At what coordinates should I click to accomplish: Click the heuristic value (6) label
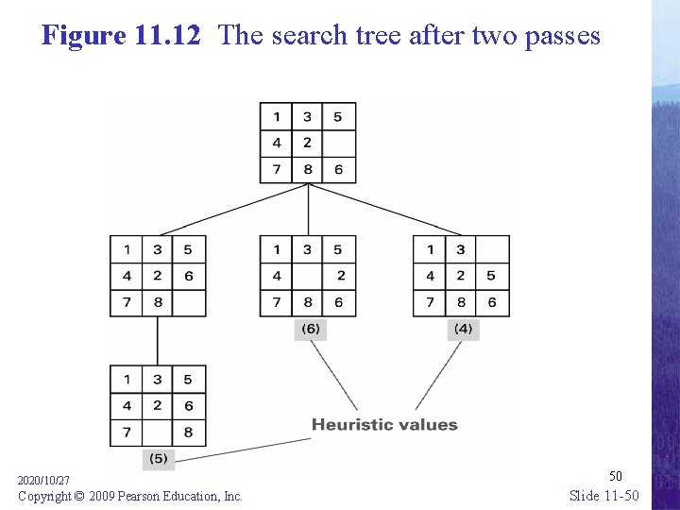point(310,329)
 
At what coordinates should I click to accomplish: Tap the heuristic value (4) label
point(463,329)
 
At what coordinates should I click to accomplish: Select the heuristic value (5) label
point(158,459)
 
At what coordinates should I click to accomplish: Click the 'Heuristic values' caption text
point(384,425)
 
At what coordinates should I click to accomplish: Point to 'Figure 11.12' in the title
point(121,36)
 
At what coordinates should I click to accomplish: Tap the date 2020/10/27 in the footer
point(43,481)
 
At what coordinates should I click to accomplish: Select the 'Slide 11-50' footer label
point(604,496)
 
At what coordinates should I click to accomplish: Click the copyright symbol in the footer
point(81,496)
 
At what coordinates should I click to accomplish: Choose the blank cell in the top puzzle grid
point(338,144)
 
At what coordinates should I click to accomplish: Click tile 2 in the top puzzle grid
point(307,144)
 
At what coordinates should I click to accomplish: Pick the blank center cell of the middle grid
point(308,276)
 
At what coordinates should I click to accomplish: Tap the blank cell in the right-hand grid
point(492,250)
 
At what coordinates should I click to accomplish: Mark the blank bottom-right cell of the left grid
point(189,302)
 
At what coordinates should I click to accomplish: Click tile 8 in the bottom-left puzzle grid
point(189,433)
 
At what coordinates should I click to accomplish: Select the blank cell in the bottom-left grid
point(158,433)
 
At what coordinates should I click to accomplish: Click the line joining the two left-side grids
point(158,341)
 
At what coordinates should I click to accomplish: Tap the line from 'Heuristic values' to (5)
point(246,449)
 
